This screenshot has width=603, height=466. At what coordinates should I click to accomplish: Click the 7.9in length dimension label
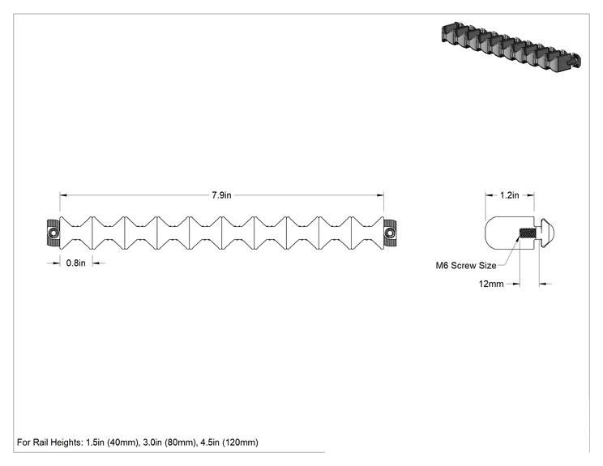221,195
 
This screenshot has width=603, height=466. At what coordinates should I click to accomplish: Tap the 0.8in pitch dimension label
75,263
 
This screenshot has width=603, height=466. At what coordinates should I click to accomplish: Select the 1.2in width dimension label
510,195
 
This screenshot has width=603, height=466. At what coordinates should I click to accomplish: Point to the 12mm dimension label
491,284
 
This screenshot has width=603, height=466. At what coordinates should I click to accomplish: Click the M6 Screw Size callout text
466,265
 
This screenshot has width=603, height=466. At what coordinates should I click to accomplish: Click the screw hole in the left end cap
53,233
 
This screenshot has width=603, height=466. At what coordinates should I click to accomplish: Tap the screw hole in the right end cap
391,233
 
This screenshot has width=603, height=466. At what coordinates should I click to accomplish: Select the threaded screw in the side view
527,233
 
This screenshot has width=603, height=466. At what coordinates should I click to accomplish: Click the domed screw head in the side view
548,233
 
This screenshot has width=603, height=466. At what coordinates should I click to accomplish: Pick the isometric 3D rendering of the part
511,46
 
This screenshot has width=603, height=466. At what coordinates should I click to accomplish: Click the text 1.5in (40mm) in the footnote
112,442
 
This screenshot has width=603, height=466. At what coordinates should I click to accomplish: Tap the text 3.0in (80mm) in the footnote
169,442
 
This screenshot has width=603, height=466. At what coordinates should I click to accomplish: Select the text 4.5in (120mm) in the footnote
229,442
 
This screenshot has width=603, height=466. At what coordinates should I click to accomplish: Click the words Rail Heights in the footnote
57,442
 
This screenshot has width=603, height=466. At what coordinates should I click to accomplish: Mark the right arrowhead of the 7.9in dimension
380,195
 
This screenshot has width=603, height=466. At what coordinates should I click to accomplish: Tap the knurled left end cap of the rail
53,233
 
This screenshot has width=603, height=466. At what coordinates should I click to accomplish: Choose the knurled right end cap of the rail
391,233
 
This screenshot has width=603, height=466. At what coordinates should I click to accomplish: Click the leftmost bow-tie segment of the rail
76,233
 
